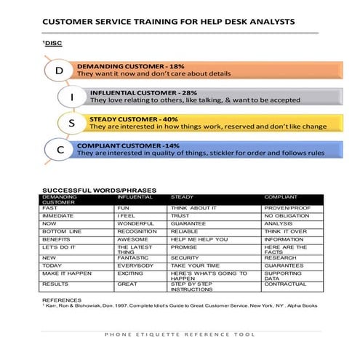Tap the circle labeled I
click(x=72, y=97)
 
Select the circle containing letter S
click(x=72, y=123)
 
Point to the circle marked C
click(x=59, y=149)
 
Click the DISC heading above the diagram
click(x=52, y=44)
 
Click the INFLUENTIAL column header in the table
click(x=136, y=197)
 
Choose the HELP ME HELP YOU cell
click(x=199, y=239)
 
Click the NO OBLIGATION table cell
click(x=287, y=216)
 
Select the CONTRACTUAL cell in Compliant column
click(x=286, y=284)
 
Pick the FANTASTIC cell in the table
click(x=135, y=257)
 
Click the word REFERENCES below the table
click(x=63, y=300)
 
